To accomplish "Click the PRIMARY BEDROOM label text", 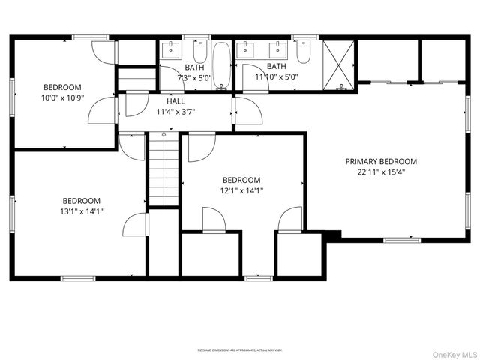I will coord(381,161).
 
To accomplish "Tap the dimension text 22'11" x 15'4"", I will coord(381,172).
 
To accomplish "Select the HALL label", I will coord(175,101).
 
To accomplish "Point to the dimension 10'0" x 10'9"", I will coord(62,97).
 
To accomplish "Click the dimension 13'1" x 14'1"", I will coord(82,211).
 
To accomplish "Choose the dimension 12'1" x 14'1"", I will coord(241,190).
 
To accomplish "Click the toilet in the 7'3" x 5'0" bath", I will coord(200,52).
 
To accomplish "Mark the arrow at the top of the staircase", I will coord(163,135).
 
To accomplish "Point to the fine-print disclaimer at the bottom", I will coord(240,349).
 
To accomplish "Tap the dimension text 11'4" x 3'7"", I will coord(175,112).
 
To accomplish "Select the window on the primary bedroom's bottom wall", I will coord(400,240).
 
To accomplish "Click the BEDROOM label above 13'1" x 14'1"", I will coord(82,200).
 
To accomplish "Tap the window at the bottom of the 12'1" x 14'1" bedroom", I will coord(259,278).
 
